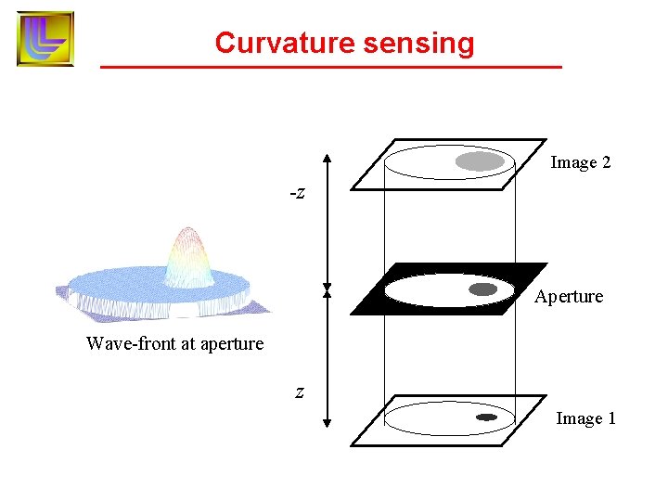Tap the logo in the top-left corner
(x=45, y=38)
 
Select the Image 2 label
(x=580, y=162)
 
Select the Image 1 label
(x=585, y=418)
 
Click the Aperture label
(x=569, y=297)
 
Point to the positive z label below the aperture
(x=299, y=392)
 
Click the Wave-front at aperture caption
(x=174, y=343)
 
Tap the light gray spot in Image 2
(x=479, y=161)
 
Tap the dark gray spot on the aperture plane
(x=483, y=289)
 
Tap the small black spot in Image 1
(x=486, y=417)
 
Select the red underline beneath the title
(x=330, y=68)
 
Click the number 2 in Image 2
(x=606, y=162)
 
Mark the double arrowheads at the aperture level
(x=327, y=290)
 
